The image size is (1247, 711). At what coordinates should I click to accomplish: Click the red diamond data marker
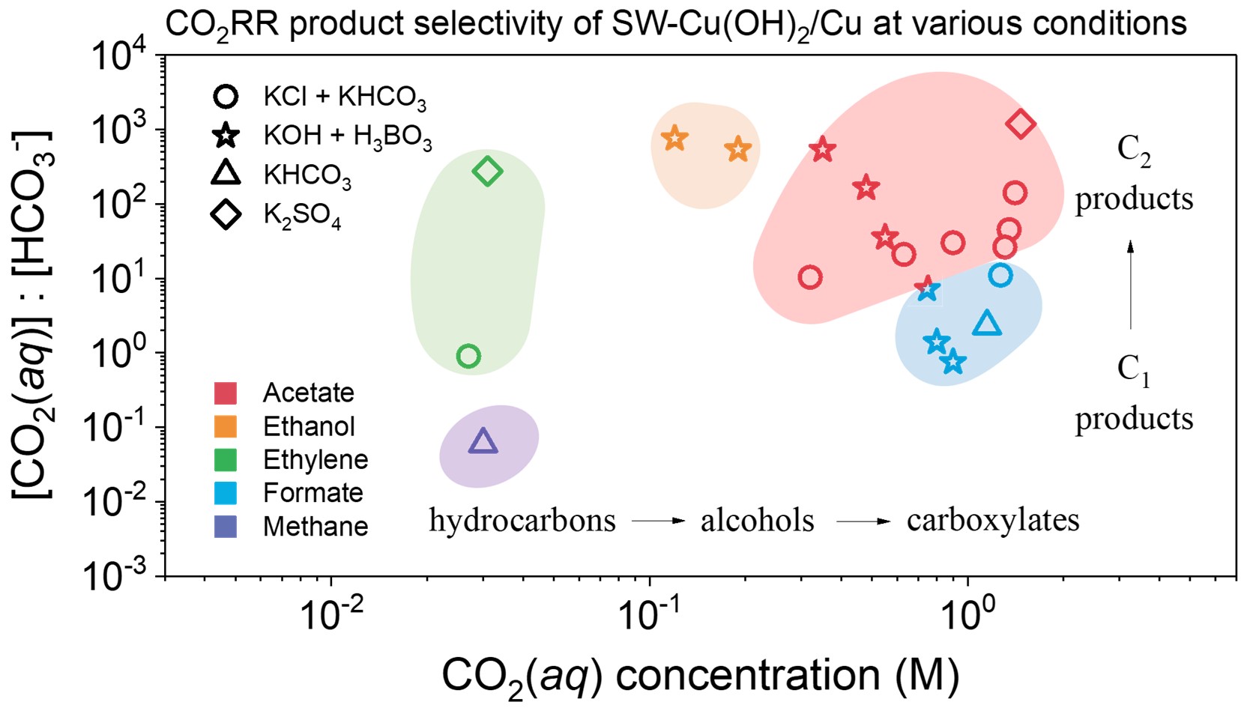click(1021, 124)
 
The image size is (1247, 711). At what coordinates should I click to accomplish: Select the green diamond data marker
click(487, 172)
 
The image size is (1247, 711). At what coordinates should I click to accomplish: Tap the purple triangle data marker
click(483, 442)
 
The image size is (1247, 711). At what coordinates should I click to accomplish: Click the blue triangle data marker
click(987, 324)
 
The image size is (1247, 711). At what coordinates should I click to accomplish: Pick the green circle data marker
click(468, 356)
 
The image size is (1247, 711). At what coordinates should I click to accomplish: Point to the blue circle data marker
click(1000, 276)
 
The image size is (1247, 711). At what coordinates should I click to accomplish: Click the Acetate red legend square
click(225, 393)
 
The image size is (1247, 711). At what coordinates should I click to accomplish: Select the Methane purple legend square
click(225, 526)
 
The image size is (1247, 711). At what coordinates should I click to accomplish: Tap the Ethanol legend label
click(309, 426)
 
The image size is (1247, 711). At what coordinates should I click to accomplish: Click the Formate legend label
click(312, 493)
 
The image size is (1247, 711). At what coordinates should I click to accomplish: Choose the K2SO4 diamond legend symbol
click(226, 215)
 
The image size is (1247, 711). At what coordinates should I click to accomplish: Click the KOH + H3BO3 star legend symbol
click(226, 136)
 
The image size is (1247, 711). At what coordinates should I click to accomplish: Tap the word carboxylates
click(993, 520)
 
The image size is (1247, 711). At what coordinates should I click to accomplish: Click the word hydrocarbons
click(522, 520)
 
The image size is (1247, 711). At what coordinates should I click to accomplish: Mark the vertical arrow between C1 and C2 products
click(1131, 285)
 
